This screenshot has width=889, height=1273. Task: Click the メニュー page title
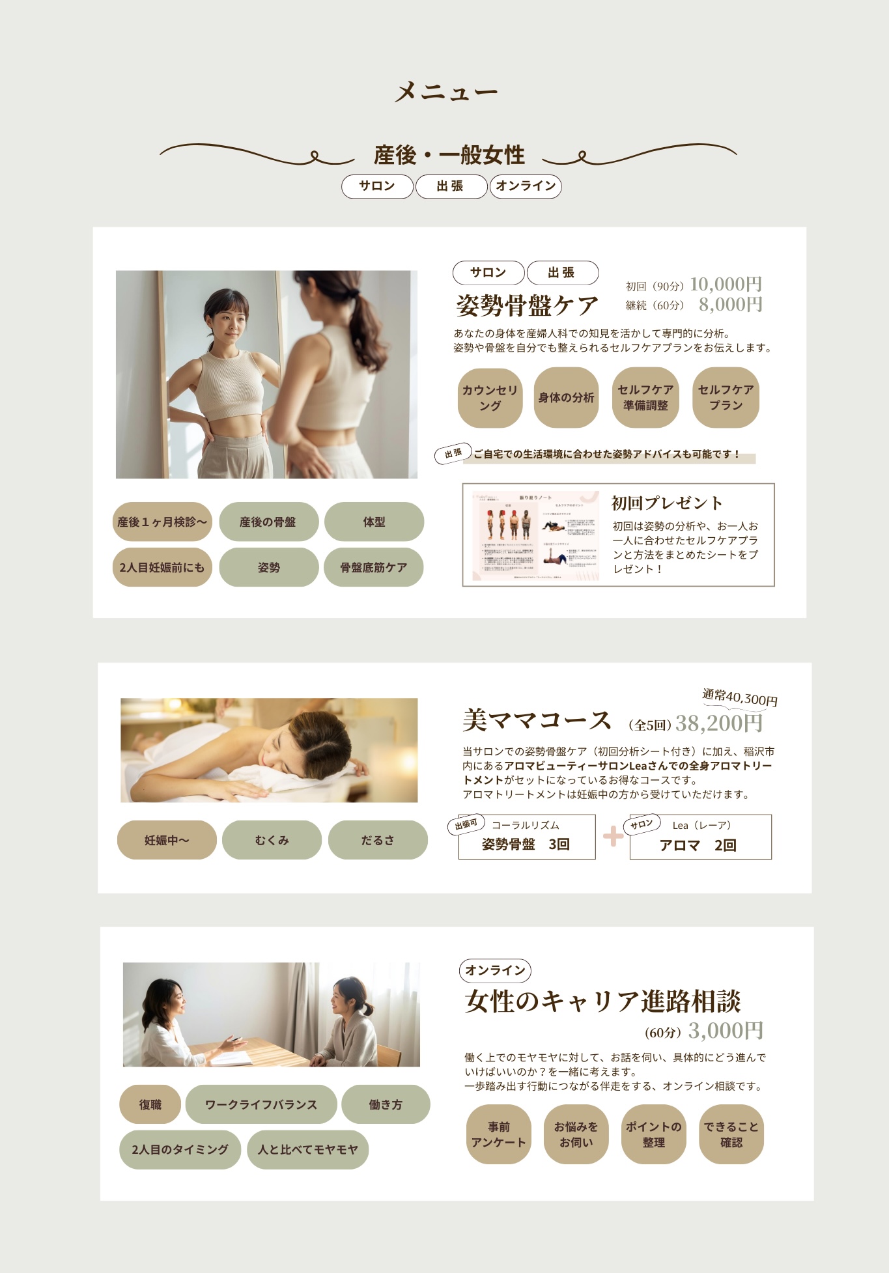(x=445, y=92)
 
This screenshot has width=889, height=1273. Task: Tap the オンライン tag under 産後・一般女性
(x=526, y=186)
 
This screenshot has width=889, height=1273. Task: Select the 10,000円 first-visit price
(x=726, y=285)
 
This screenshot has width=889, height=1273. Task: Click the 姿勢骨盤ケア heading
(x=527, y=305)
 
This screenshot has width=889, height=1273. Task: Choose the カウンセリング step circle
(x=490, y=398)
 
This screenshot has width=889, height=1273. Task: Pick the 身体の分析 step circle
(x=566, y=398)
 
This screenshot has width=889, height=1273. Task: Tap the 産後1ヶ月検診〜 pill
(x=162, y=522)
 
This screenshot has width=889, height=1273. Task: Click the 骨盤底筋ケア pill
(x=374, y=568)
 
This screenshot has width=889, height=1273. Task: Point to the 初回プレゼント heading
(x=667, y=503)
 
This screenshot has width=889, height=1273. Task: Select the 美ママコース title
(x=537, y=721)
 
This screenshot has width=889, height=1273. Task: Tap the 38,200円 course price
(x=719, y=723)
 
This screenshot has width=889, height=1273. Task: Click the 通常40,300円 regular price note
(x=740, y=697)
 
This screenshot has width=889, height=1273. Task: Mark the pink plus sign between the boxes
(x=613, y=837)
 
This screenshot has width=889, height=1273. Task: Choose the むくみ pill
(x=272, y=841)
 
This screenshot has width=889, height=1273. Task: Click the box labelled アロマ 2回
(x=700, y=837)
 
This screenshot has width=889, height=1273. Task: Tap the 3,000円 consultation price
(x=726, y=1031)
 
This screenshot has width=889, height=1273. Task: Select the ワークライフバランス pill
(x=261, y=1105)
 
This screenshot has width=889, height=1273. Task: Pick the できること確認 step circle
(x=731, y=1135)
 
